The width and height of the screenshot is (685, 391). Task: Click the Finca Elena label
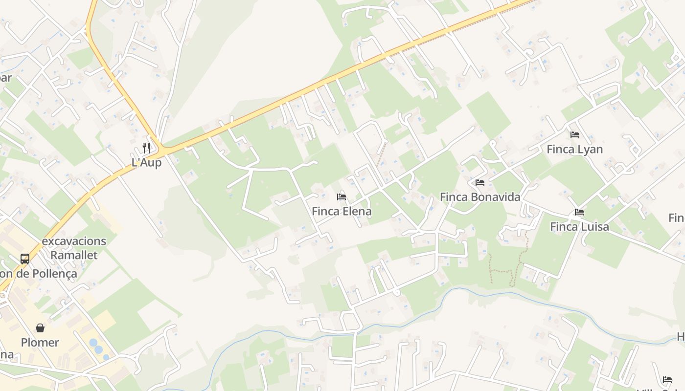342,212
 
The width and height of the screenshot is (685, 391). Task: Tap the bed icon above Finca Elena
342,197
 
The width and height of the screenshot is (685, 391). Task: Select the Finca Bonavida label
479,197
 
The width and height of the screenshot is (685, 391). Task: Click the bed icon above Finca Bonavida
480,183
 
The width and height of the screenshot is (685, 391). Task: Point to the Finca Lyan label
574,149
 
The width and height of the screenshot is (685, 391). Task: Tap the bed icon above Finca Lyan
575,134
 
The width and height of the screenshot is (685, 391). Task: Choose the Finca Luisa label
579,227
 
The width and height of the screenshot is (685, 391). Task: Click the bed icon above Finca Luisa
579,212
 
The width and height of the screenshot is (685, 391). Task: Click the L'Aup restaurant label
146,163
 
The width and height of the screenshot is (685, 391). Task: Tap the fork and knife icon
146,148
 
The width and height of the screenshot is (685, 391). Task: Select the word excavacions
74,241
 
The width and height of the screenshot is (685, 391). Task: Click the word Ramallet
74,255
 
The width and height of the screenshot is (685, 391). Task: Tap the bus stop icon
25,259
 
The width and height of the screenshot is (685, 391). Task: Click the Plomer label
40,343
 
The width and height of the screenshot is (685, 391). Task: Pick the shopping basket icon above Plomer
40,328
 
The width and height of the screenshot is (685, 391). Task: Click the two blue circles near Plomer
96,347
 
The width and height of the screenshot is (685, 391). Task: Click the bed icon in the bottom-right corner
667,380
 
